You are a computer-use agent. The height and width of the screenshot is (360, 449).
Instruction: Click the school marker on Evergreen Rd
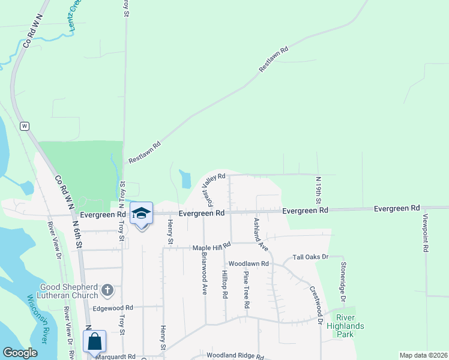[142, 214]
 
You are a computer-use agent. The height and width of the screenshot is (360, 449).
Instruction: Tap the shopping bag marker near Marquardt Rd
[95, 342]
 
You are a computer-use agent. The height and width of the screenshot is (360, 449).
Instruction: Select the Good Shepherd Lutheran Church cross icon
[107, 291]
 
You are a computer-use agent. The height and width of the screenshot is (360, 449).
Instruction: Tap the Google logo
[20, 353]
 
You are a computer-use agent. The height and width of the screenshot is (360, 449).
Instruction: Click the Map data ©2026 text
[423, 355]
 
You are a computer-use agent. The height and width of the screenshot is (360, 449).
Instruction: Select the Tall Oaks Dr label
[311, 257]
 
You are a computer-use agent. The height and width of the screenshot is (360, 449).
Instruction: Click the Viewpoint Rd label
[425, 232]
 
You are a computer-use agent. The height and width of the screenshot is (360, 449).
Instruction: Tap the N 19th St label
[319, 189]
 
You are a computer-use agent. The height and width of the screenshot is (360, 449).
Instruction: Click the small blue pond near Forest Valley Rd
[185, 179]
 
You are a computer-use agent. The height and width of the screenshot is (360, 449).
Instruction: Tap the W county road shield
[25, 126]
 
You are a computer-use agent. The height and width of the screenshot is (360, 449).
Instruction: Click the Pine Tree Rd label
[246, 289]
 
